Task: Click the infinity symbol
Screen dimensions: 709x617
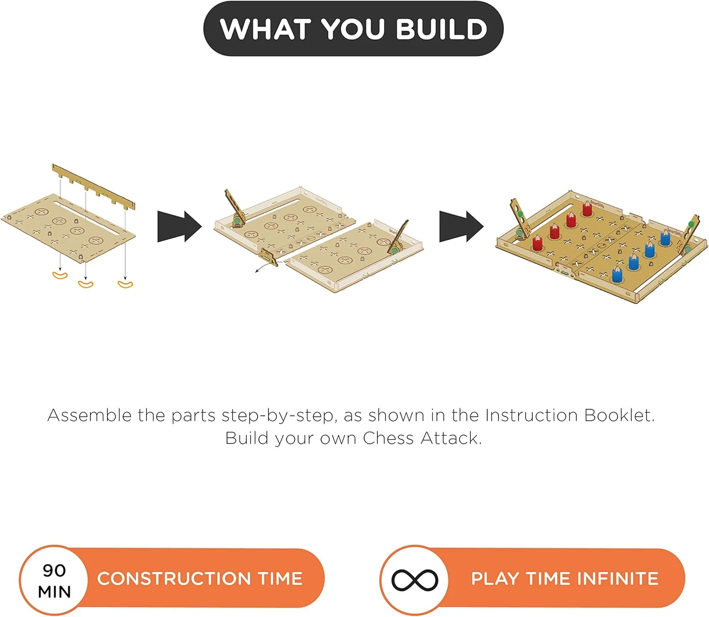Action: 415,580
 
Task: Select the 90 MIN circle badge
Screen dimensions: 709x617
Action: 54,580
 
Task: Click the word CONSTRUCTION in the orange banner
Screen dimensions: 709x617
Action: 174,579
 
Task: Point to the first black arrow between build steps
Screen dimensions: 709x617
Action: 180,226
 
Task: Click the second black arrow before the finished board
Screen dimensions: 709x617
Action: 461,226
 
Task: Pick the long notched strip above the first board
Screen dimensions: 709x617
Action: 94,188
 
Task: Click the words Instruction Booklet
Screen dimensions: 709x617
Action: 569,415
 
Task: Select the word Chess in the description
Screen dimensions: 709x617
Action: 388,438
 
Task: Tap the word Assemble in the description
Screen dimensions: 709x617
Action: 89,415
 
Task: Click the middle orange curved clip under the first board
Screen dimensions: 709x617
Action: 86,284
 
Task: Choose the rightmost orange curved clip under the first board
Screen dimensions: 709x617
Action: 125,284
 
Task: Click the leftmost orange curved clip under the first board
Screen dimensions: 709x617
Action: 60,276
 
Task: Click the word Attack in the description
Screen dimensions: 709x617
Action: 451,438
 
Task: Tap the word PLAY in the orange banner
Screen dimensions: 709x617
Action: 495,579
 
